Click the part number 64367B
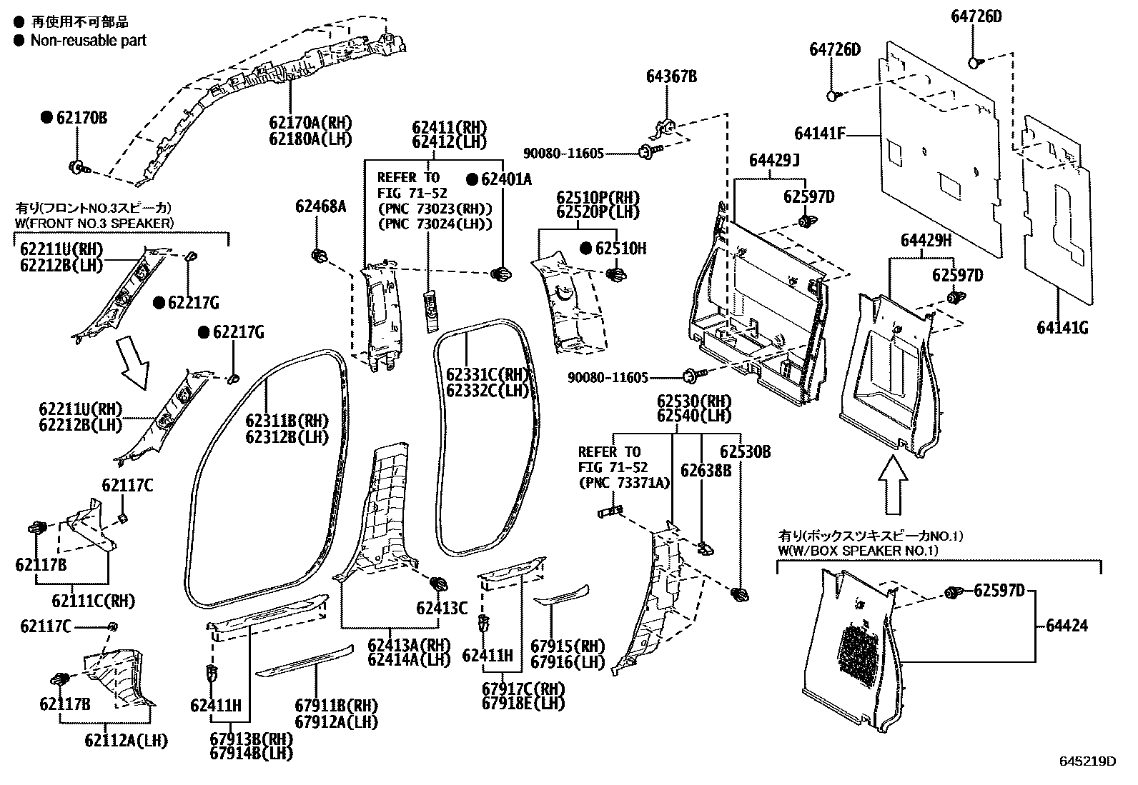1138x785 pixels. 671,76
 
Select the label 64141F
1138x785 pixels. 820,134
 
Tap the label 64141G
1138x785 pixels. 1062,328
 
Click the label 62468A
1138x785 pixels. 320,207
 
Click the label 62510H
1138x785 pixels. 620,249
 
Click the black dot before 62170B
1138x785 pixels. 47,118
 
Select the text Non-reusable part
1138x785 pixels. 88,40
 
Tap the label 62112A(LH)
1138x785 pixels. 126,741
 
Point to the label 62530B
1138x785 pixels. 745,452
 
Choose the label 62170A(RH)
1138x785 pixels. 310,124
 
